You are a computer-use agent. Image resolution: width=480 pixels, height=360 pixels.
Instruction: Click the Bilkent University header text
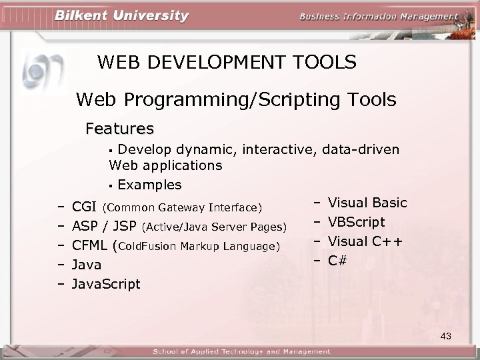click(122, 17)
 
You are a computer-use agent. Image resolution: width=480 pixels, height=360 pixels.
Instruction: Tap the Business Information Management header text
click(378, 17)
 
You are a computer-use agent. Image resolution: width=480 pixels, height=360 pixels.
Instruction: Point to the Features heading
click(120, 127)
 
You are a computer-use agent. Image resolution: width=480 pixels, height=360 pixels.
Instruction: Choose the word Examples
click(149, 184)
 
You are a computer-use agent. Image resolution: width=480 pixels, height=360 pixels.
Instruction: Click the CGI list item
click(84, 206)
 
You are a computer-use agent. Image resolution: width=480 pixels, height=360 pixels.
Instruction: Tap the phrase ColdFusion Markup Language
click(197, 247)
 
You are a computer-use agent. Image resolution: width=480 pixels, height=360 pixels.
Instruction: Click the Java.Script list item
click(106, 284)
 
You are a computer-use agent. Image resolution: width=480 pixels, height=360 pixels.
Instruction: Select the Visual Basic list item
click(367, 203)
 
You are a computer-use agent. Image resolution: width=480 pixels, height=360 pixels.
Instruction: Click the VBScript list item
click(357, 222)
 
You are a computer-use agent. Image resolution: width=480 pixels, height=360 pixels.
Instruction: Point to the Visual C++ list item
click(365, 241)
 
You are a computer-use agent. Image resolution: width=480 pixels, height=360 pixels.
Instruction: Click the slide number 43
click(446, 337)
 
